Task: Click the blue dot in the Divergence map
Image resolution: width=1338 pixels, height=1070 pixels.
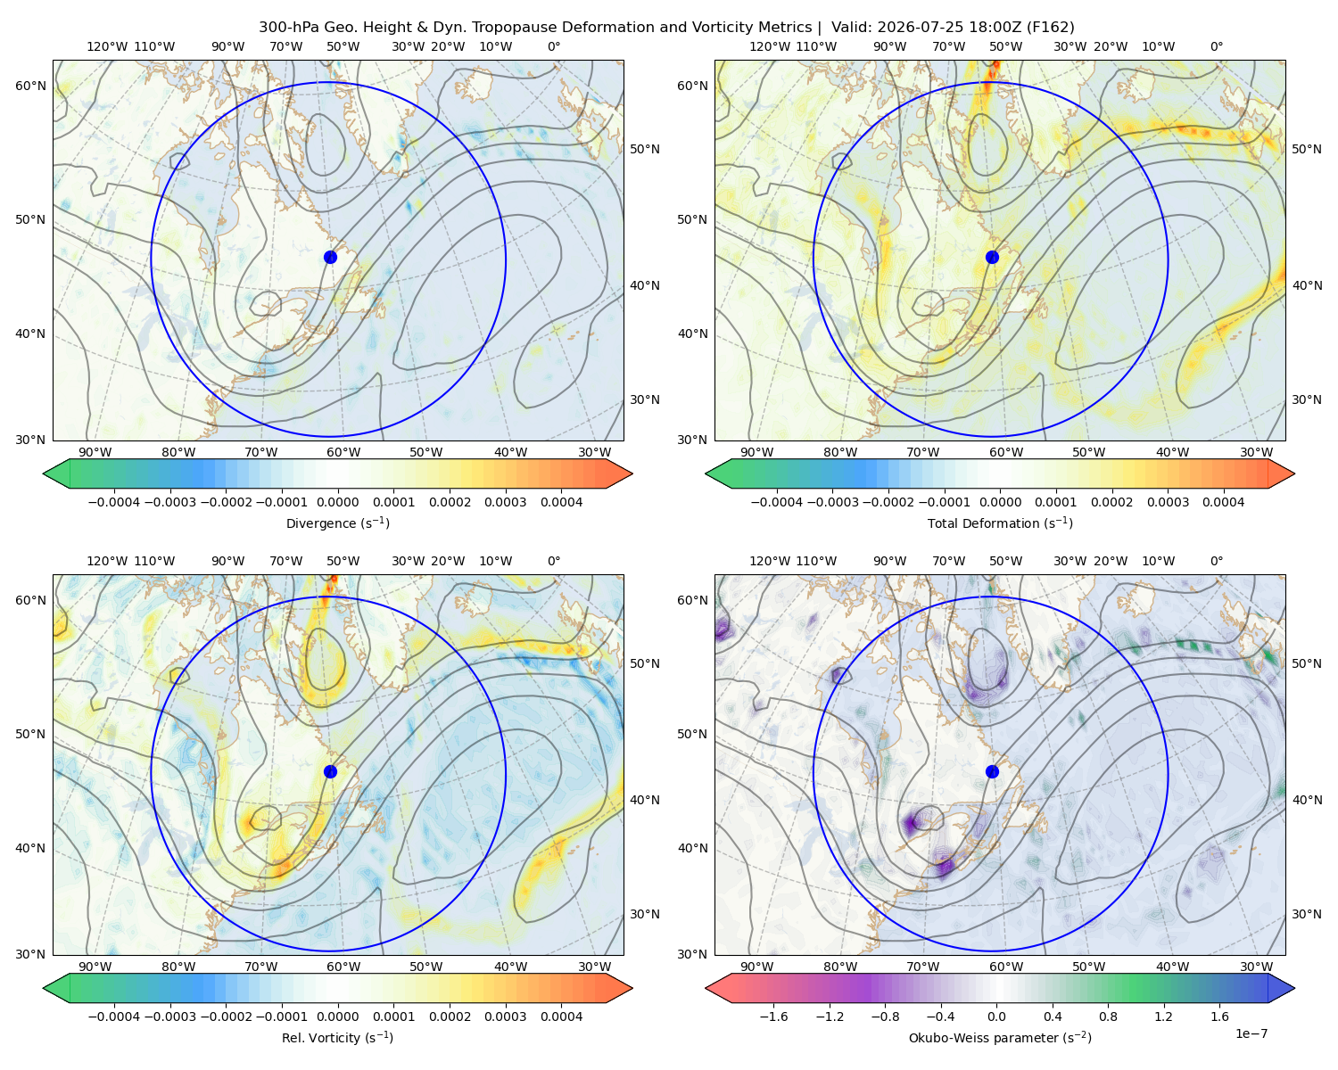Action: (x=330, y=257)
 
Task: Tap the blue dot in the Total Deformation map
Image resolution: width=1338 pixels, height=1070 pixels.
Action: (x=992, y=257)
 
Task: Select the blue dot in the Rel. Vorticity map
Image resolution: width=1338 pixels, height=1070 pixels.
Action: (x=330, y=771)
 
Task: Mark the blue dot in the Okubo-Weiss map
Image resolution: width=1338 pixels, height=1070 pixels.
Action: (x=992, y=771)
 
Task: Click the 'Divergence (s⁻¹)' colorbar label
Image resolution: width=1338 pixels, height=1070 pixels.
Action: (x=337, y=523)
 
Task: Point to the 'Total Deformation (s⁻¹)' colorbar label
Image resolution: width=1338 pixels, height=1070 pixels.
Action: (x=1000, y=523)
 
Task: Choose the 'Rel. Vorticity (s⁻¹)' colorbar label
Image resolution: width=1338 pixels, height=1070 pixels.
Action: (x=337, y=1038)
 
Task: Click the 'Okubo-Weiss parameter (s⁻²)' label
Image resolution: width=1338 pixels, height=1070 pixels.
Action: (x=1000, y=1038)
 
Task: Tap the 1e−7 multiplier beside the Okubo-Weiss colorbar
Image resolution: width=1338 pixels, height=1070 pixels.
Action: (x=1251, y=1033)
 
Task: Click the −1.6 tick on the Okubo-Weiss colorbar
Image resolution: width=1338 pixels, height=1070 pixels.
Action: (x=773, y=1017)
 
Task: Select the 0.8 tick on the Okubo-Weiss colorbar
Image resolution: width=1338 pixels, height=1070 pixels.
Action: (x=1108, y=1017)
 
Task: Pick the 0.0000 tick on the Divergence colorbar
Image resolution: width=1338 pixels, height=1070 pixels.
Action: (x=337, y=502)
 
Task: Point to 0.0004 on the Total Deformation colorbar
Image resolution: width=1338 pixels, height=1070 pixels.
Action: (x=1223, y=502)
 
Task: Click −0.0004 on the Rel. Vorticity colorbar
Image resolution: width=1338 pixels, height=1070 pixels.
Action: (x=114, y=1017)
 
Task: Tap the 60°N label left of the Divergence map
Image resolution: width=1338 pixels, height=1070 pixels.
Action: (x=30, y=86)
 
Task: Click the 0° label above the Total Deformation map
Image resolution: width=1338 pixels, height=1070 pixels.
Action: (x=1216, y=46)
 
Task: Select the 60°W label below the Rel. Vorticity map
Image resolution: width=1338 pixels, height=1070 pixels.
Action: (x=343, y=967)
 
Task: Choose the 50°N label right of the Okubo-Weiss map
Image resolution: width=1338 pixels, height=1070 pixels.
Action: (x=1307, y=663)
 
